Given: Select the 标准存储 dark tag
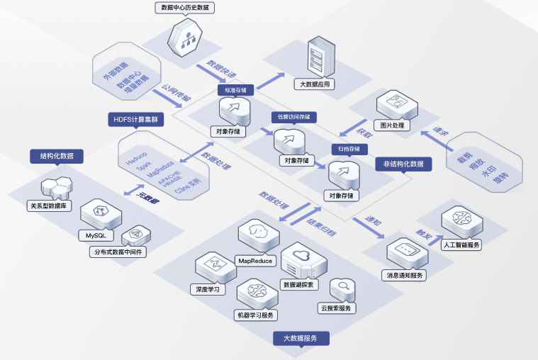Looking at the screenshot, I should click(235, 90).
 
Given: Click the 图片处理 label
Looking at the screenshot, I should click(391, 125).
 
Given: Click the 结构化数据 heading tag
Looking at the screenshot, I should click(57, 155).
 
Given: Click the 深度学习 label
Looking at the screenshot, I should click(208, 289).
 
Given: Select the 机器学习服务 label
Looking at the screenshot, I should click(255, 315).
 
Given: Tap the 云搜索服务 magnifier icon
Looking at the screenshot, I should click(343, 288).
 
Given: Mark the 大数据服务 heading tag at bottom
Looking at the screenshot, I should click(302, 338).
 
